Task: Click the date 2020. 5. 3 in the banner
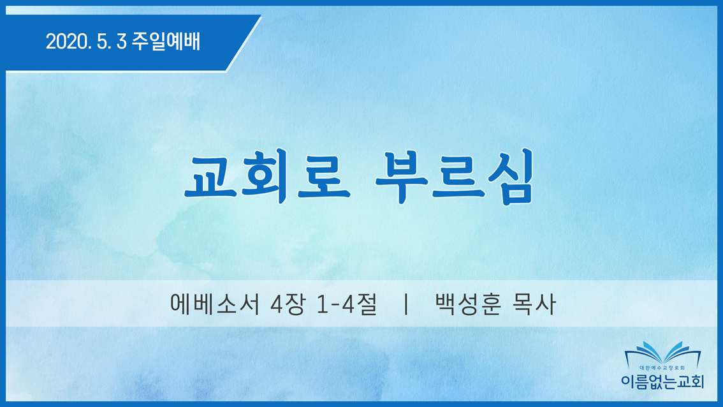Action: pyautogui.click(x=86, y=41)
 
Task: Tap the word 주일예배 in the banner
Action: pyautogui.click(x=166, y=41)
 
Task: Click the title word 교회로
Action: pyautogui.click(x=267, y=177)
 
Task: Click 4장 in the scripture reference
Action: pyautogui.click(x=288, y=304)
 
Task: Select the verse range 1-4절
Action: pyautogui.click(x=347, y=304)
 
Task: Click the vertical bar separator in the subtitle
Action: pyautogui.click(x=405, y=304)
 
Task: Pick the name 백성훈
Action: pyautogui.click(x=468, y=304)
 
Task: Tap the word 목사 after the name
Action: pyautogui.click(x=534, y=304)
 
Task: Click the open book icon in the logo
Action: pyautogui.click(x=662, y=353)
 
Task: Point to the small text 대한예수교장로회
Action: pyautogui.click(x=662, y=368)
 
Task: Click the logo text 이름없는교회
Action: pyautogui.click(x=662, y=381)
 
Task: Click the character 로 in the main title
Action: pyautogui.click(x=324, y=177)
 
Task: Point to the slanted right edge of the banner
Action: pyautogui.click(x=244, y=43)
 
